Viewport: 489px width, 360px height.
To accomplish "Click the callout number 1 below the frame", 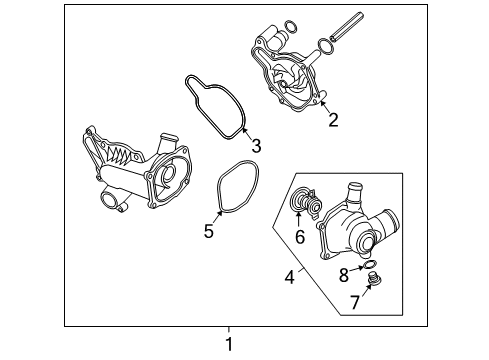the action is point(229,344).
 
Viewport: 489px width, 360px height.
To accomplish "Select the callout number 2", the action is point(333,120).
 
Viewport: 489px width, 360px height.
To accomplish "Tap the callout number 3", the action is point(256,146).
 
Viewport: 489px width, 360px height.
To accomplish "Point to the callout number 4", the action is point(290,277).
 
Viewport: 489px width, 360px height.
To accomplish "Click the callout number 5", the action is point(209,231).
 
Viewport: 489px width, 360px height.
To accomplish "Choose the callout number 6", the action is point(300,236).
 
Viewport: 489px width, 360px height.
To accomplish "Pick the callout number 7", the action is point(355,302).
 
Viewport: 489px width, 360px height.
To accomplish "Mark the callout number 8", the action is point(344,275).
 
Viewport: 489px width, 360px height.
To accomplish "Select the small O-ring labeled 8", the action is point(369,265).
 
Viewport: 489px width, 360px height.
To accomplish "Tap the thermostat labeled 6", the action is point(305,202).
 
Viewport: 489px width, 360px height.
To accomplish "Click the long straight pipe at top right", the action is point(347,26).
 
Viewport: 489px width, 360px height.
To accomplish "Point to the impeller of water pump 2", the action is point(287,81).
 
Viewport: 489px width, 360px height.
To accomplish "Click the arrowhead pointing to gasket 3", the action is point(244,130).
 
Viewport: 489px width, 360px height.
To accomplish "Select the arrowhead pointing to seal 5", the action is point(219,213).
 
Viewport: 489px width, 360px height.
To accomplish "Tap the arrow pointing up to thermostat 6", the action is point(298,219).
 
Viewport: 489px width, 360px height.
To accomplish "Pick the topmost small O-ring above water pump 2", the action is point(291,27).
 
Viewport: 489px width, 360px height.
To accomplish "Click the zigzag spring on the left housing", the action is point(117,154).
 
